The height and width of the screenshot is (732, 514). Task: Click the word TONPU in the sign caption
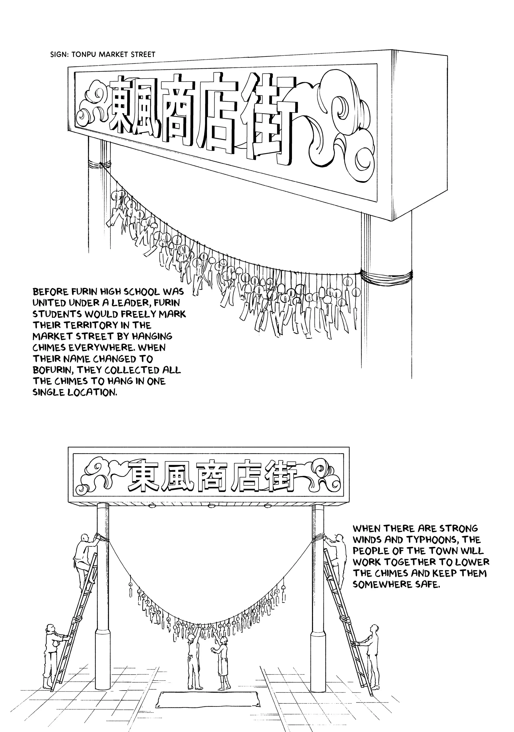tap(84, 54)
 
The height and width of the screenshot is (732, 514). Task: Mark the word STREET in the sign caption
tap(143, 54)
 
